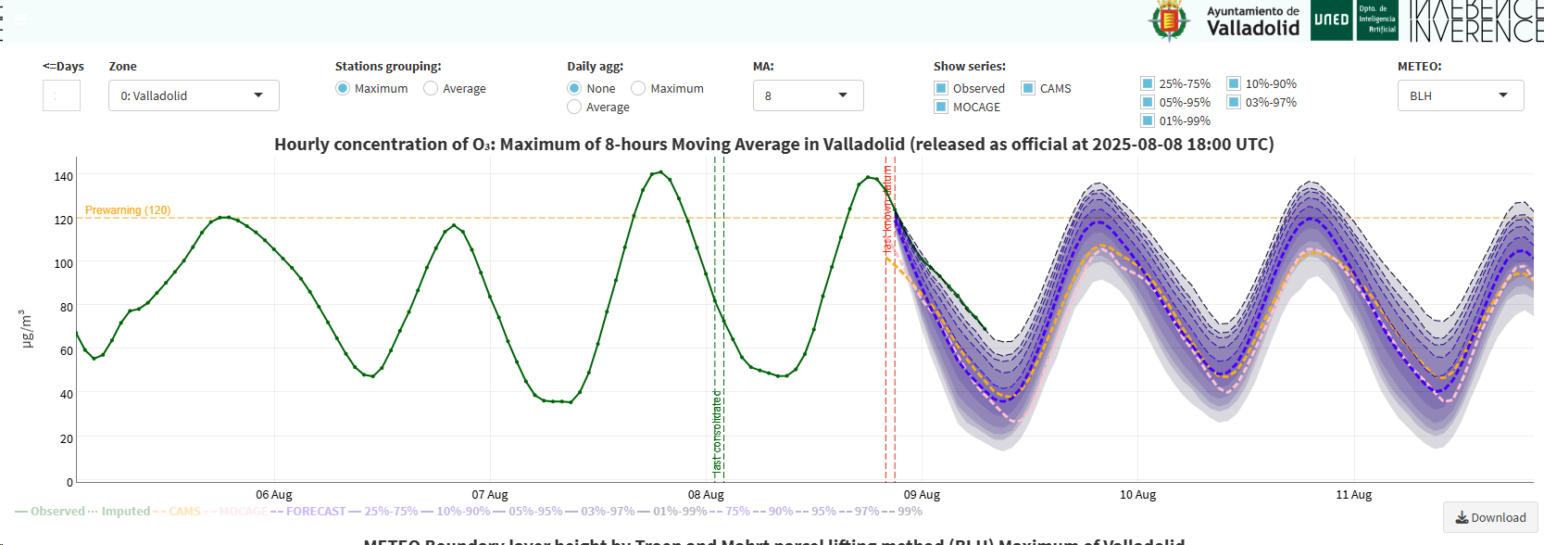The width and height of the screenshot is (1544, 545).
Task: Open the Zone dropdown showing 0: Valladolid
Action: point(194,95)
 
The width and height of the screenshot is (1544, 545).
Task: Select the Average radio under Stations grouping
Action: point(431,89)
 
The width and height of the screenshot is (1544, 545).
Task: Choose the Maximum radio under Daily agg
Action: point(638,89)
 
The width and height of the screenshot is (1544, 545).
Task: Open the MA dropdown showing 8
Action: point(808,95)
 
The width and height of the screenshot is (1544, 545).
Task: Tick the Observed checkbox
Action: point(941,89)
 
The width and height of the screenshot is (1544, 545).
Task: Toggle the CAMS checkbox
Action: point(1028,89)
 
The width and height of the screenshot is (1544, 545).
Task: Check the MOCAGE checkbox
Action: point(941,108)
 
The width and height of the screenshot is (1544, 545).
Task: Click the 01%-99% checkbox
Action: point(1148,121)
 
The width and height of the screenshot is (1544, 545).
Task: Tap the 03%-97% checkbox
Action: point(1234,103)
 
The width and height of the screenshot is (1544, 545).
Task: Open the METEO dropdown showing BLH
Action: point(1460,95)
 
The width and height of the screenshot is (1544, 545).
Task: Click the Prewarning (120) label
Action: point(128,210)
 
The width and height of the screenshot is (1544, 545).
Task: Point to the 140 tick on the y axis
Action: point(63,176)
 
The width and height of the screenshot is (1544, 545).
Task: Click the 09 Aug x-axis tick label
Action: point(922,495)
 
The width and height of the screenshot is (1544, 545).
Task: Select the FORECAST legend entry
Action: point(315,512)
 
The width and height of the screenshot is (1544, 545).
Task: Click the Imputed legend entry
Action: point(125,512)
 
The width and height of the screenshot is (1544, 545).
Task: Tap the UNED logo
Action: point(1331,20)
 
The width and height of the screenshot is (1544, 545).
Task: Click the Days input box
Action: point(61,95)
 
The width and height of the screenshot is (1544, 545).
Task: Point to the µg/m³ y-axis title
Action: point(27,329)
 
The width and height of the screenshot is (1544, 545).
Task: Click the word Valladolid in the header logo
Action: point(1252,29)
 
